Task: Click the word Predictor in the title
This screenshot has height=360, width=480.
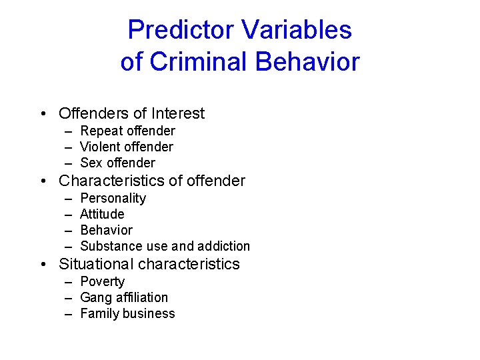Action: pos(181,30)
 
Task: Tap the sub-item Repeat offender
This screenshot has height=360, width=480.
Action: pos(127,131)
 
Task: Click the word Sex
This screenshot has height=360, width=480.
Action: pos(91,163)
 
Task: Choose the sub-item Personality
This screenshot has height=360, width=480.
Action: pos(113,198)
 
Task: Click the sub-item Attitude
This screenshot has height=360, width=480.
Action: pos(102,214)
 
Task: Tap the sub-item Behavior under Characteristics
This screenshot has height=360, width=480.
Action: pos(106,230)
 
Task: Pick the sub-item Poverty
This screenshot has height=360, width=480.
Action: pos(102,281)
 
